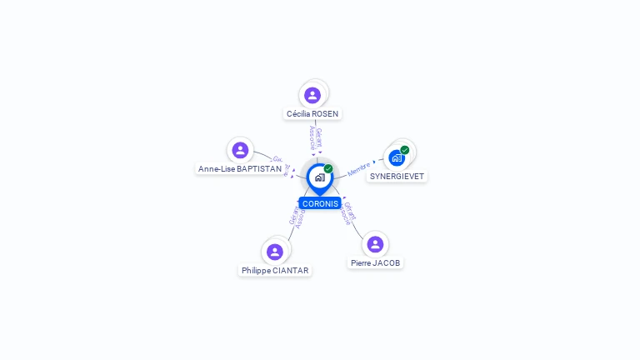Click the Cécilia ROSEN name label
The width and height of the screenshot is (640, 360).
click(312, 113)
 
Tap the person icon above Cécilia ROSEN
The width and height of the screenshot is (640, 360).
click(312, 95)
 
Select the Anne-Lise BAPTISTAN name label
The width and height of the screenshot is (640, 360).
click(240, 168)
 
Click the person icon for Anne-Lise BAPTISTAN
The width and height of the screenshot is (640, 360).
click(240, 150)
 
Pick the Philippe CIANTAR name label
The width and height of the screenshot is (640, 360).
click(275, 270)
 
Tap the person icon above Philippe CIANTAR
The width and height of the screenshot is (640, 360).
click(275, 252)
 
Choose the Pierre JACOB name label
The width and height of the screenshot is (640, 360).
click(375, 262)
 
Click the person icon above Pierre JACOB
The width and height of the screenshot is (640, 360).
click(375, 244)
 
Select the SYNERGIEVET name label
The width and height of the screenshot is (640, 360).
click(397, 177)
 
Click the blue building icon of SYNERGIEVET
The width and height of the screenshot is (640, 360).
click(396, 157)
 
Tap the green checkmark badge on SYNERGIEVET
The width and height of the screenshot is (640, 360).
click(405, 150)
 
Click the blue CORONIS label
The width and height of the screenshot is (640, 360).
click(320, 203)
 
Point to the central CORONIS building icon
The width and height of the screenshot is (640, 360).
click(319, 177)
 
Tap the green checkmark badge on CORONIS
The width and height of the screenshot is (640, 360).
click(328, 168)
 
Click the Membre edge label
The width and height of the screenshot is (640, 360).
click(358, 169)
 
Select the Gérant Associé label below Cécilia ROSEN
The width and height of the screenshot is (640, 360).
click(315, 137)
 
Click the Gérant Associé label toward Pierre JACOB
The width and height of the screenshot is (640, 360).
click(349, 213)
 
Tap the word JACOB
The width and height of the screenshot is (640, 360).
click(387, 262)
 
